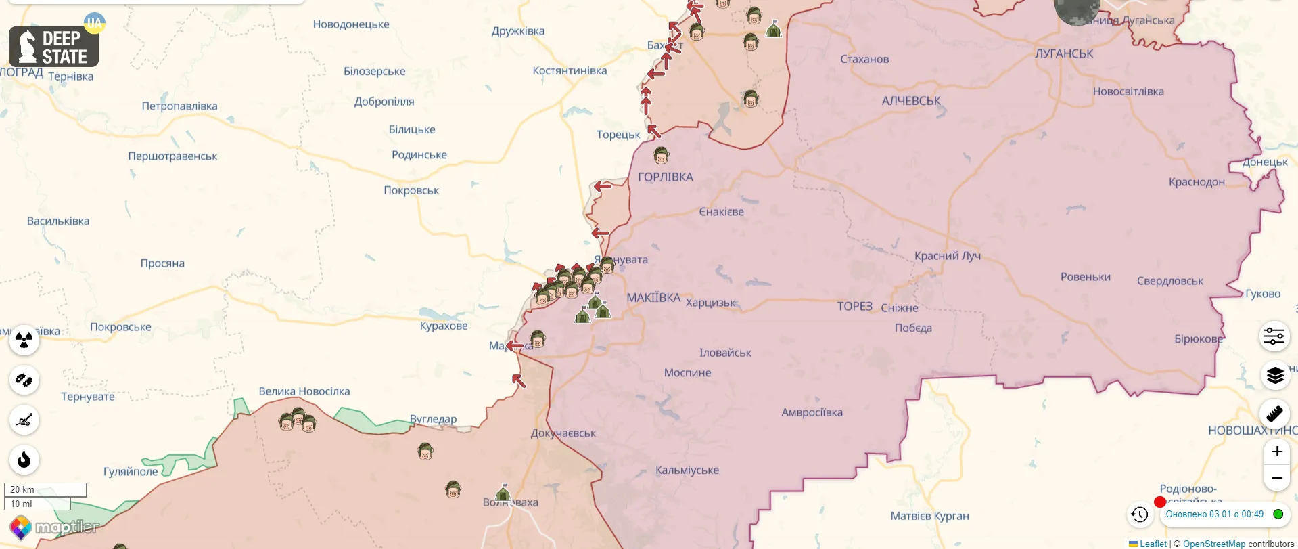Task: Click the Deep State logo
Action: (54, 47)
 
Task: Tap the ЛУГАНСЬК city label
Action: (1064, 53)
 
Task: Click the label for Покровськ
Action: (411, 190)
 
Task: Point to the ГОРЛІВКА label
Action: (666, 177)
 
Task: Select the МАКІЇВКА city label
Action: (653, 298)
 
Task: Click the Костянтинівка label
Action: (570, 70)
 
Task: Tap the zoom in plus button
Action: (1276, 452)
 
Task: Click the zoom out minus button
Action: (1276, 478)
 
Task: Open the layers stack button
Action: (1274, 375)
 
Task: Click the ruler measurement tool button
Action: (1274, 413)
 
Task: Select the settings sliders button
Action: (1274, 336)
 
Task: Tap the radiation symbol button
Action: (24, 340)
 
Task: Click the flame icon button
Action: (24, 460)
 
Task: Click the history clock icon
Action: (1140, 514)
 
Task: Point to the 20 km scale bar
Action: (46, 489)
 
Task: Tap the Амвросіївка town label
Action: (812, 412)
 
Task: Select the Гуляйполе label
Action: (131, 472)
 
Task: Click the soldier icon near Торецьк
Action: (661, 156)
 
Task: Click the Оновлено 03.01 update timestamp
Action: (1214, 514)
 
